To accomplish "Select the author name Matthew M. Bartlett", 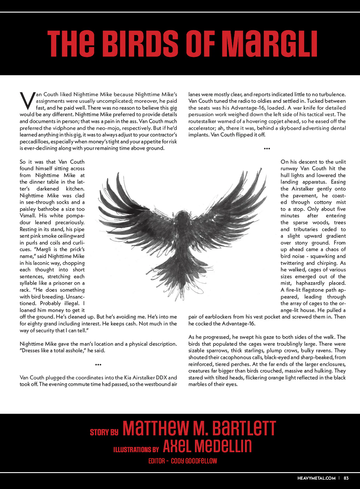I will pos(199,428).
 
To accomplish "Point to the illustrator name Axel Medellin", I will pos(207,446).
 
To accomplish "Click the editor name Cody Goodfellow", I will pos(194,461).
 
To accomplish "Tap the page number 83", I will pos(346,478).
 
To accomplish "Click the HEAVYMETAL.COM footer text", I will pos(316,478).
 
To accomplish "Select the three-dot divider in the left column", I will pos(98,364).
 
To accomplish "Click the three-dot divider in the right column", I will pos(267,149).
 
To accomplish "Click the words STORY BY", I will pos(104,432).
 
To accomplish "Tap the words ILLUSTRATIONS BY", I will pos(136,450).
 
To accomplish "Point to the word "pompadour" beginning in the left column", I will pos(74,216).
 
